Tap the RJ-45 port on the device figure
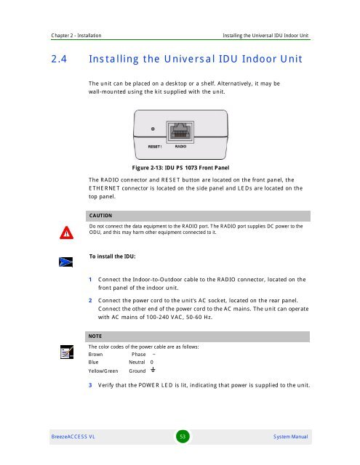click(x=179, y=135)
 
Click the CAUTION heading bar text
click(x=100, y=216)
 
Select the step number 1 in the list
click(x=89, y=280)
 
